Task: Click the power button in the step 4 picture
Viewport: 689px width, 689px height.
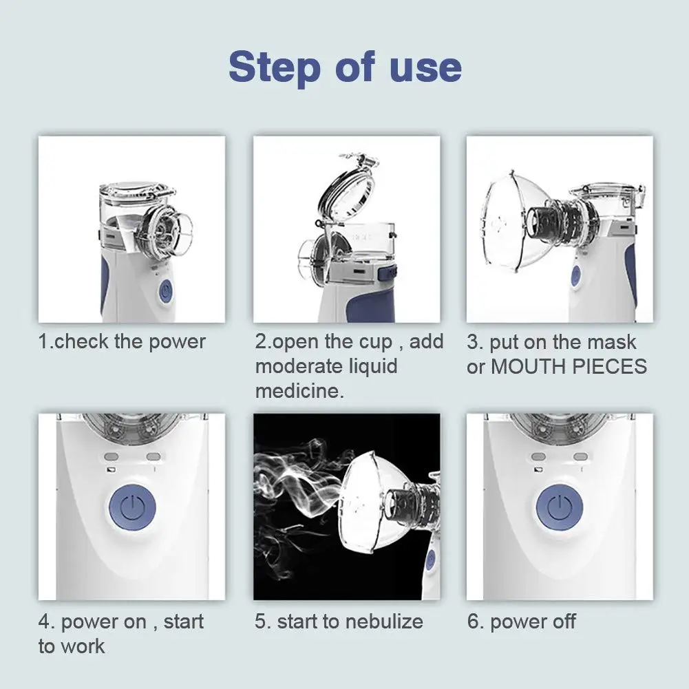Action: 132,507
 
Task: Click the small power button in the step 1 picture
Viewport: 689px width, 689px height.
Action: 165,291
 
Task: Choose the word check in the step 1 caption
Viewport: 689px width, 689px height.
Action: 81,341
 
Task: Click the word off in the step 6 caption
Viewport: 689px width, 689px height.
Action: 562,622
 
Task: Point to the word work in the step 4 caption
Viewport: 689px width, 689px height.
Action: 81,646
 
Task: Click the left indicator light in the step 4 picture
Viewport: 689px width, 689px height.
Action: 112,457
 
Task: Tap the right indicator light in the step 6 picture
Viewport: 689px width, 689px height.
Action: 580,457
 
